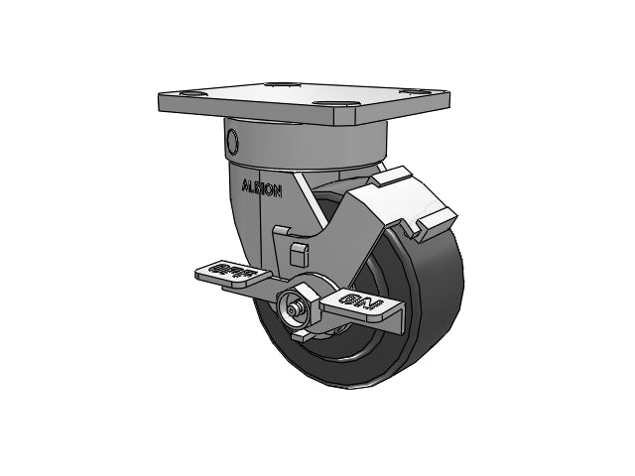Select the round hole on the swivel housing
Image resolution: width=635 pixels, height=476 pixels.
tap(233, 139)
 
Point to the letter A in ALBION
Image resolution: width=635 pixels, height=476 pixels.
tap(245, 186)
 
